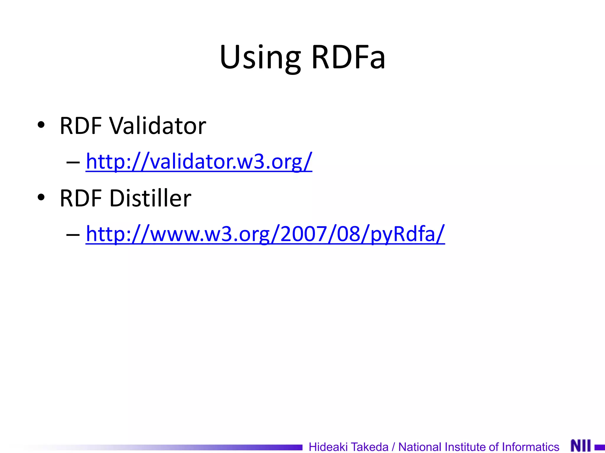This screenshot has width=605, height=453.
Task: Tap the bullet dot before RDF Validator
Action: (x=41, y=124)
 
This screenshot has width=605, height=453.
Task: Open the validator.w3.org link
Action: (x=199, y=162)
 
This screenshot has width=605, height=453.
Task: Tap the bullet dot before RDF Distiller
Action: (x=41, y=197)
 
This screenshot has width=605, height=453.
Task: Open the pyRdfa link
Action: (x=265, y=234)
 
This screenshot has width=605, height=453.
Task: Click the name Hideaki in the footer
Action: (x=328, y=447)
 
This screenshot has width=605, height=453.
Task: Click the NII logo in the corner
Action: (x=581, y=446)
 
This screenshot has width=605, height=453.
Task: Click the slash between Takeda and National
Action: (x=393, y=447)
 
